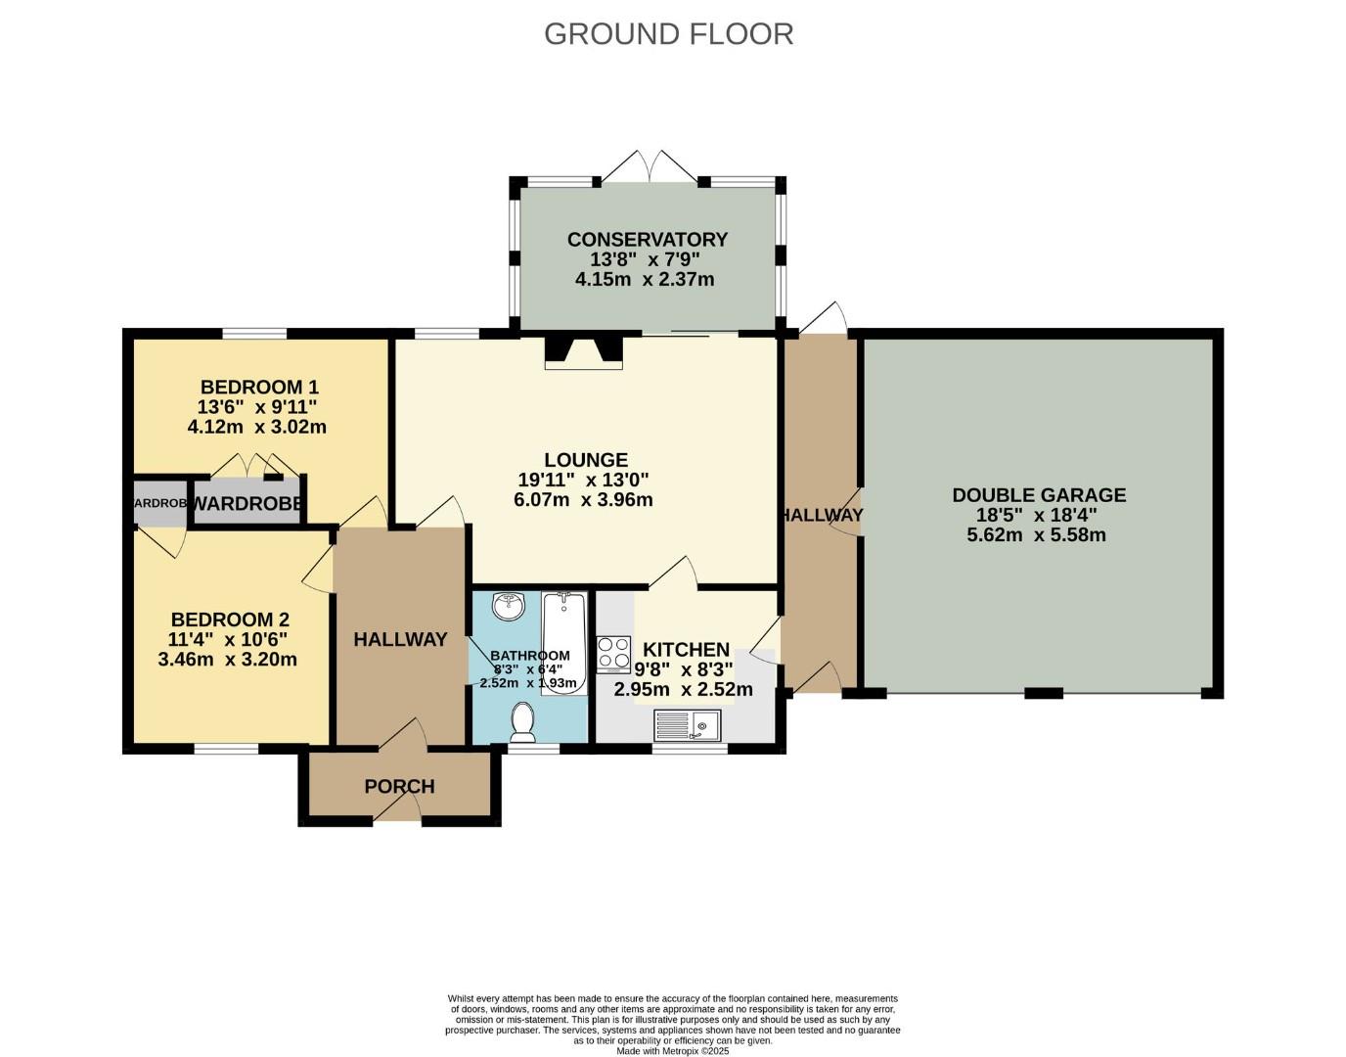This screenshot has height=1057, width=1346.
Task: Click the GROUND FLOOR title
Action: (668, 33)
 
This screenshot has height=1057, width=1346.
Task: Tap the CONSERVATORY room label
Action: (647, 240)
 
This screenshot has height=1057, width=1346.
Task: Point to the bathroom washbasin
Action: (509, 607)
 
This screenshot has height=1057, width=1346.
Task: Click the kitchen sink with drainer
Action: (687, 725)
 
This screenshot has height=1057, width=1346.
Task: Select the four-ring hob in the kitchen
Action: (614, 653)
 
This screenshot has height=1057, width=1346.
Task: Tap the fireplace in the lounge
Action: (583, 351)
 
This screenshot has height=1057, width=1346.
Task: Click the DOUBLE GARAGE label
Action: (1039, 495)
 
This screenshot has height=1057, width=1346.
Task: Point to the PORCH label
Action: (399, 787)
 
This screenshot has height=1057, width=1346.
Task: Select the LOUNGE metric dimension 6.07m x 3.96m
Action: (583, 500)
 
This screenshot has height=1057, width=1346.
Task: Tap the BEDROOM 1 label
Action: (259, 387)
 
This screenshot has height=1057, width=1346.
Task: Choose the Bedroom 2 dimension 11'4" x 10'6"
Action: (229, 640)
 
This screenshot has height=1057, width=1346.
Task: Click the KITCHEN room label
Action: (686, 649)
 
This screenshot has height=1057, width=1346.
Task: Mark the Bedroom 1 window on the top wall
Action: (254, 334)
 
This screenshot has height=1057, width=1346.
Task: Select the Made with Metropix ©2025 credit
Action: (673, 1051)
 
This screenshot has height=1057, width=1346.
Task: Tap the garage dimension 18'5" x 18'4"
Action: (1038, 516)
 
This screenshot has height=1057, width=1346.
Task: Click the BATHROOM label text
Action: (529, 656)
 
